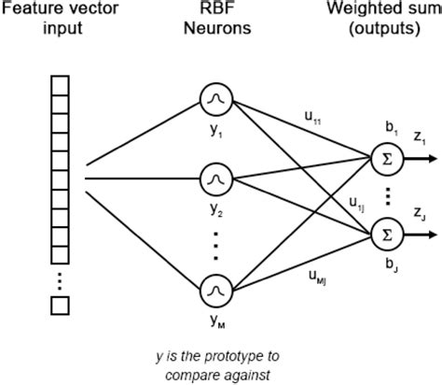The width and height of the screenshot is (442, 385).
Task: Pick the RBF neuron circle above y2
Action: click(215, 176)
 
